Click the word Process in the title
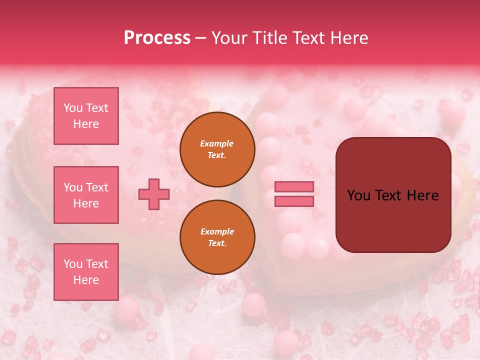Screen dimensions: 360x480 point(157,38)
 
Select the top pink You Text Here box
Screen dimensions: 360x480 point(86,116)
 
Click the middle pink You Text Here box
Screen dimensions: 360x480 point(86,195)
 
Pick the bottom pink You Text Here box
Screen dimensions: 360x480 point(86,271)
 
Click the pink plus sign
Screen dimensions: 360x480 point(154,193)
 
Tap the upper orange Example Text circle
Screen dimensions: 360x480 point(217,149)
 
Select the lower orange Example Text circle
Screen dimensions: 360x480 point(217,237)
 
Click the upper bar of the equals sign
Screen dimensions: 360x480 point(294,187)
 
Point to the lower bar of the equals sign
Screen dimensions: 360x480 point(294,201)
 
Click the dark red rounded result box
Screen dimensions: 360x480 point(393,195)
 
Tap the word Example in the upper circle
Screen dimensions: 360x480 point(217,143)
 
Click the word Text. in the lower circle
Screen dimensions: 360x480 point(217,243)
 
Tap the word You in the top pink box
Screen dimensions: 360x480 point(73,108)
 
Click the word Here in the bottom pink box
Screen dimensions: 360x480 point(86,280)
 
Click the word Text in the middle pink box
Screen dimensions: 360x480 point(97,187)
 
